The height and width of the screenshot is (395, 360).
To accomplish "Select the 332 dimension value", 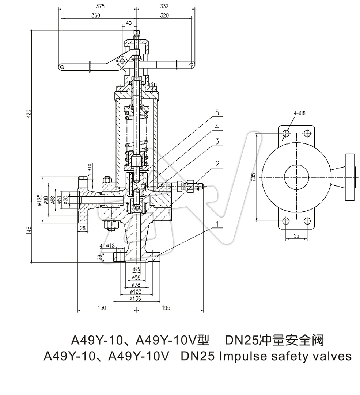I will point(164,6).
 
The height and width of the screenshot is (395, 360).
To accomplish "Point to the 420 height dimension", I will point(29,114).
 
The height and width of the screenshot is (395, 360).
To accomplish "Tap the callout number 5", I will point(217,112).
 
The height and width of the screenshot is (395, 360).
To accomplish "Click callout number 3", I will point(217,142).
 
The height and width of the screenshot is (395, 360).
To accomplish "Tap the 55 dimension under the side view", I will point(296,236).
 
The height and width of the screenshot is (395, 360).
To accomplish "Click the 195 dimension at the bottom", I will point(165,308).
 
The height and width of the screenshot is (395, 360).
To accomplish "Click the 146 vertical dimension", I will point(29,231).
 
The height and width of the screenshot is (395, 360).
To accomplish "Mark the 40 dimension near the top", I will point(128,23).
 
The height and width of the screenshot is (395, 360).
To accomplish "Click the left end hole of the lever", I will point(61,67).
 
